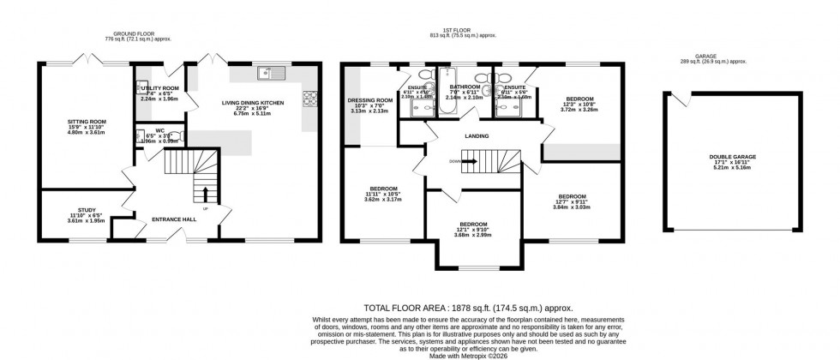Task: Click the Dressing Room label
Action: [x=370, y=101]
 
